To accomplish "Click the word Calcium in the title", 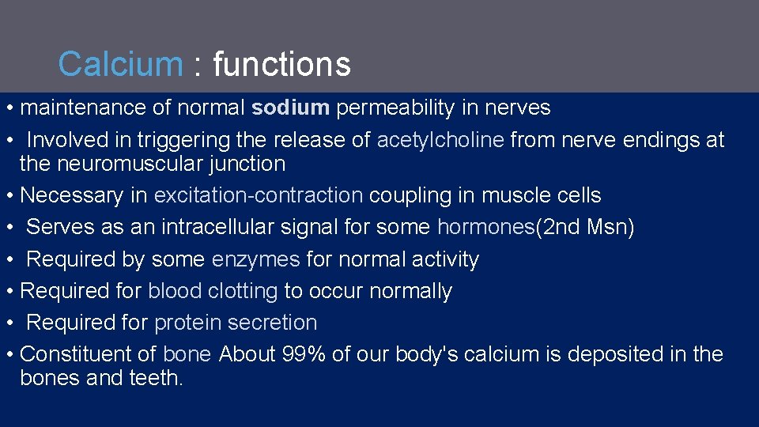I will (x=120, y=64).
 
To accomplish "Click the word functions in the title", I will (x=281, y=64).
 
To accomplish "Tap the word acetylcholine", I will (x=440, y=140).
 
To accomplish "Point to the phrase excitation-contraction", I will (x=259, y=195).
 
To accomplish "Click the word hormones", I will (x=485, y=228).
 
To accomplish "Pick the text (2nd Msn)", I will (x=585, y=228).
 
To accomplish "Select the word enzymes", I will (x=255, y=259).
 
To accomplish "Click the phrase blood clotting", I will (x=213, y=291).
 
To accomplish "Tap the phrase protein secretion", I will (x=236, y=323).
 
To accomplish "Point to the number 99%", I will (x=304, y=354).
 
